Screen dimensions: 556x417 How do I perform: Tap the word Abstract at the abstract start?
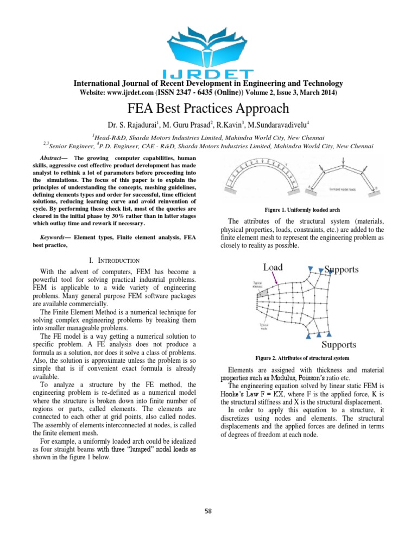click(50, 157)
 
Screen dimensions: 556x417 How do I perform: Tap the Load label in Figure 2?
click(273, 267)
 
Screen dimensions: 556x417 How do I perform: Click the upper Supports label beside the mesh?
click(345, 268)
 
